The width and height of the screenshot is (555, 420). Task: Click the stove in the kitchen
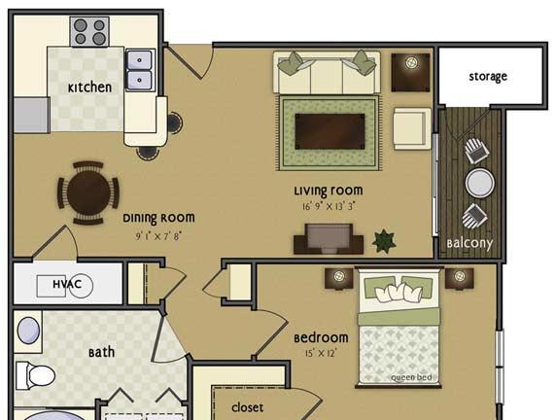pos(89,31)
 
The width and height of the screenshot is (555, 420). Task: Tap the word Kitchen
pos(89,87)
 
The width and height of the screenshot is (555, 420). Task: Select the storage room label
pos(488,77)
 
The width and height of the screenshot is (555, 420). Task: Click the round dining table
pos(88,193)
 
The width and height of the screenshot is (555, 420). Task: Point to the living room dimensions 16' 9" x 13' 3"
pos(329,206)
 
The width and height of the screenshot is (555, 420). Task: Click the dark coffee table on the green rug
pos(330,132)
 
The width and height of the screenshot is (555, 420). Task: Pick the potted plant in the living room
pos(384,241)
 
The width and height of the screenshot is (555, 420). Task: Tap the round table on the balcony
pos(479,183)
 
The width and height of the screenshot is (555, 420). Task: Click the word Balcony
pos(469,244)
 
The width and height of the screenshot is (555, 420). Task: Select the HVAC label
pos(67,284)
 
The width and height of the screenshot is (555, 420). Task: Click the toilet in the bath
pos(35,375)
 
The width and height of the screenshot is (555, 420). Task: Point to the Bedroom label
pos(321,337)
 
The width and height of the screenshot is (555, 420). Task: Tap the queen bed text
pos(411,377)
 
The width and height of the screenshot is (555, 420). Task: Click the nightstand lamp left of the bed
pos(338,275)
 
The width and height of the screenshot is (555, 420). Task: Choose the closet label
pos(248,407)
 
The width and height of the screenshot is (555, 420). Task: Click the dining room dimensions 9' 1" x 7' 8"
pos(158,236)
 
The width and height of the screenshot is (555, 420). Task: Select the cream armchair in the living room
pos(412,128)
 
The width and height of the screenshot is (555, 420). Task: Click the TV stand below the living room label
pos(329,239)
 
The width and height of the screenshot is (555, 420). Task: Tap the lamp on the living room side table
pos(411,63)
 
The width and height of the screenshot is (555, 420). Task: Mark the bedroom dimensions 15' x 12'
pos(321,354)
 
